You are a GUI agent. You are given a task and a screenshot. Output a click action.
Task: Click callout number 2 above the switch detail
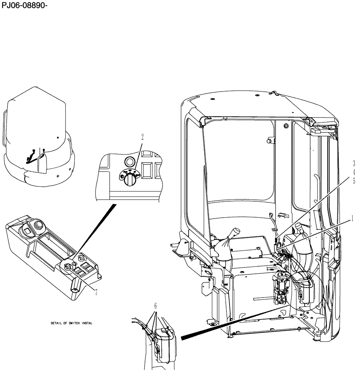coord(142,137)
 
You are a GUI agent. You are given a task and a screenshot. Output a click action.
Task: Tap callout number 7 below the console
coord(96,292)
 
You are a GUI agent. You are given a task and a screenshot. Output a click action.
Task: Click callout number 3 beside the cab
coord(354,163)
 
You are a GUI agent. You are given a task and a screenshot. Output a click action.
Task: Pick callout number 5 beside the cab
coord(354,181)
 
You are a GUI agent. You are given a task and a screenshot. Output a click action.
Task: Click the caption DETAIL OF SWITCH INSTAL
coord(71,323)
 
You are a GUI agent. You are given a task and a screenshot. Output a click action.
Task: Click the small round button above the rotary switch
coord(129,161)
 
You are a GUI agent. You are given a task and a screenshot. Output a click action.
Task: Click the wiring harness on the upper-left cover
coord(35,155)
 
